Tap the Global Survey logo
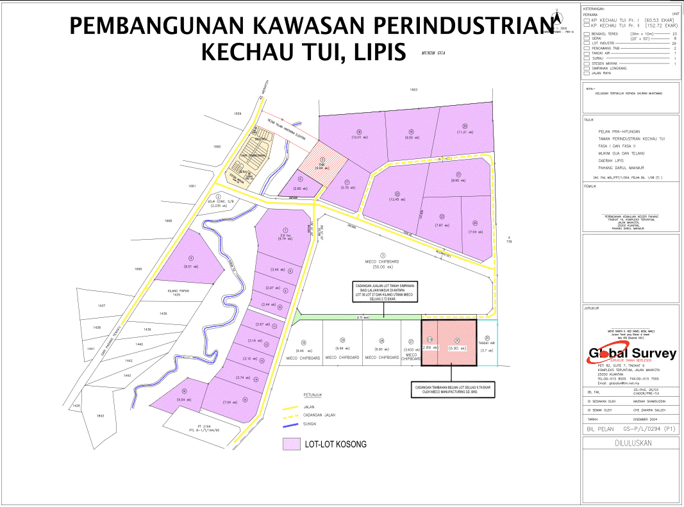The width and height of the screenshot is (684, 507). [x=632, y=354]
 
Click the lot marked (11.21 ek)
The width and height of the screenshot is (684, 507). [x=465, y=130]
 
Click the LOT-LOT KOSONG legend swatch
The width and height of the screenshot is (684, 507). [x=292, y=444]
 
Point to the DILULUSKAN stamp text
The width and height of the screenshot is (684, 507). [x=631, y=442]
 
